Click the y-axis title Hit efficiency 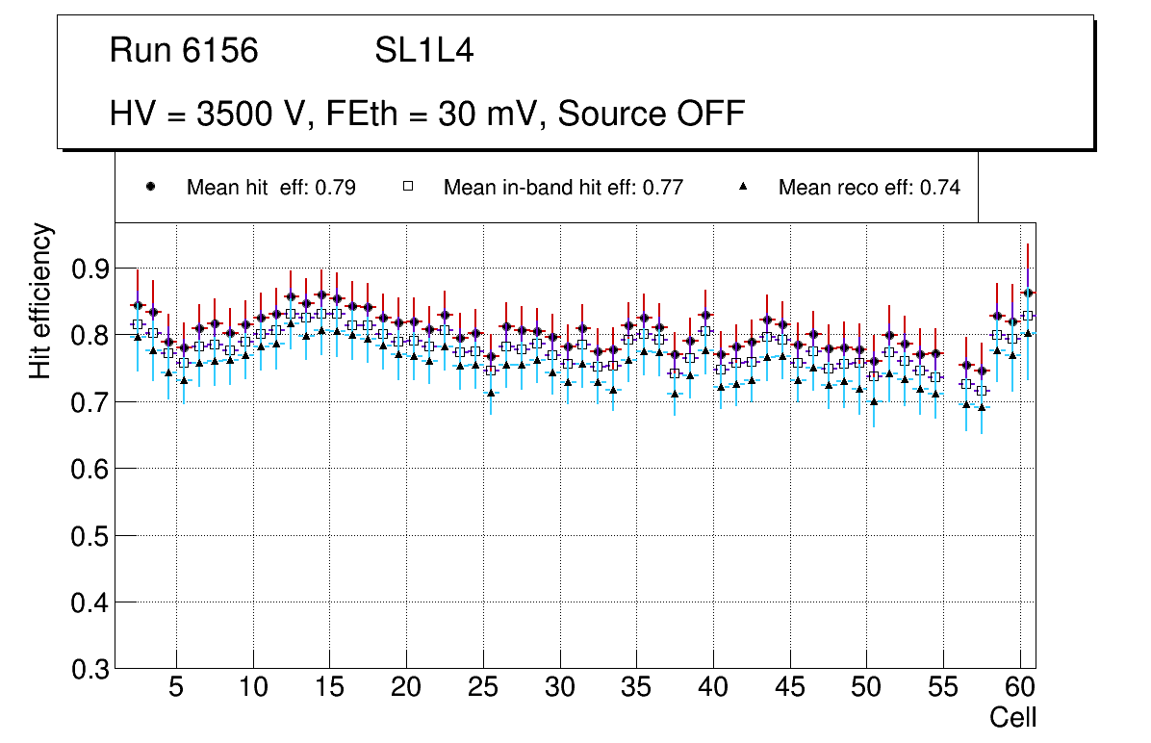point(40,300)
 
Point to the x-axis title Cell point(1013,717)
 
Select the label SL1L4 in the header point(423,51)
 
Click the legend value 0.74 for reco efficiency point(939,188)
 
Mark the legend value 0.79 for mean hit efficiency point(336,188)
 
